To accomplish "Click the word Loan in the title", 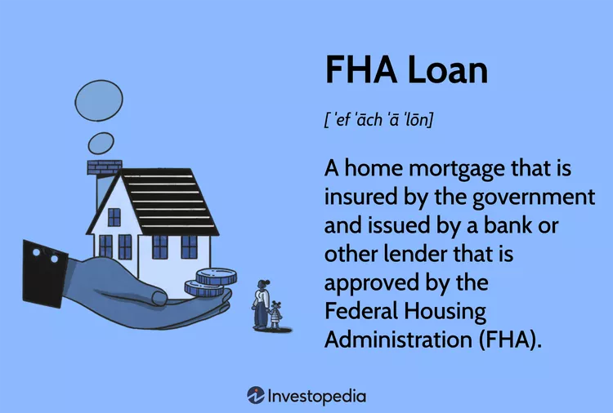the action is pyautogui.click(x=447, y=70).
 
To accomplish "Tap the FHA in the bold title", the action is pyautogui.click(x=360, y=70).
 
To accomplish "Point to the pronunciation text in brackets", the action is pyautogui.click(x=378, y=119).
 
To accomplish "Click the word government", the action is pyautogui.click(x=534, y=198).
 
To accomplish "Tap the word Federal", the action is pyautogui.click(x=361, y=311).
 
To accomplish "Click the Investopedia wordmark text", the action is pyautogui.click(x=317, y=396).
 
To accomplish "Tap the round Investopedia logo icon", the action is pyautogui.click(x=256, y=395).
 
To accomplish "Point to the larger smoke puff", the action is pyautogui.click(x=99, y=100).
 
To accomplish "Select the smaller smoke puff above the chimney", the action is pyautogui.click(x=101, y=144).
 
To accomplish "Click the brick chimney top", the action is pyautogui.click(x=105, y=167).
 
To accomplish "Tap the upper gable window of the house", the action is pyautogui.click(x=114, y=217).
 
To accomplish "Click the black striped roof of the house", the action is pyautogui.click(x=168, y=202).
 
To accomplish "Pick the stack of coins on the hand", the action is pyautogui.click(x=210, y=282).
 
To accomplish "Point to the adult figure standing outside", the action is pyautogui.click(x=261, y=304).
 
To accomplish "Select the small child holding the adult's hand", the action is pyautogui.click(x=275, y=315).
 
